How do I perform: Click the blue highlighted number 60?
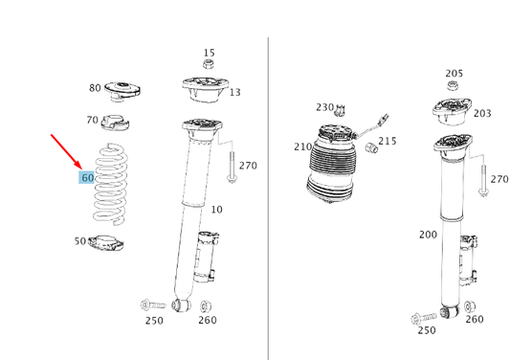coord(87,178)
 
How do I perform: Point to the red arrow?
coord(66,151)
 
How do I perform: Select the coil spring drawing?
coord(111,184)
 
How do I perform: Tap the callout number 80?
coord(95,88)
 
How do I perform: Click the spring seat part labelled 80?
coord(122,91)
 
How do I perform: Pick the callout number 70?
coord(93,120)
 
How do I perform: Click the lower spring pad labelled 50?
coord(106,243)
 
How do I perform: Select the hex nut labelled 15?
coord(209,64)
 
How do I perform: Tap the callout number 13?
coord(235,93)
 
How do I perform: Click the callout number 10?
coord(217,210)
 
